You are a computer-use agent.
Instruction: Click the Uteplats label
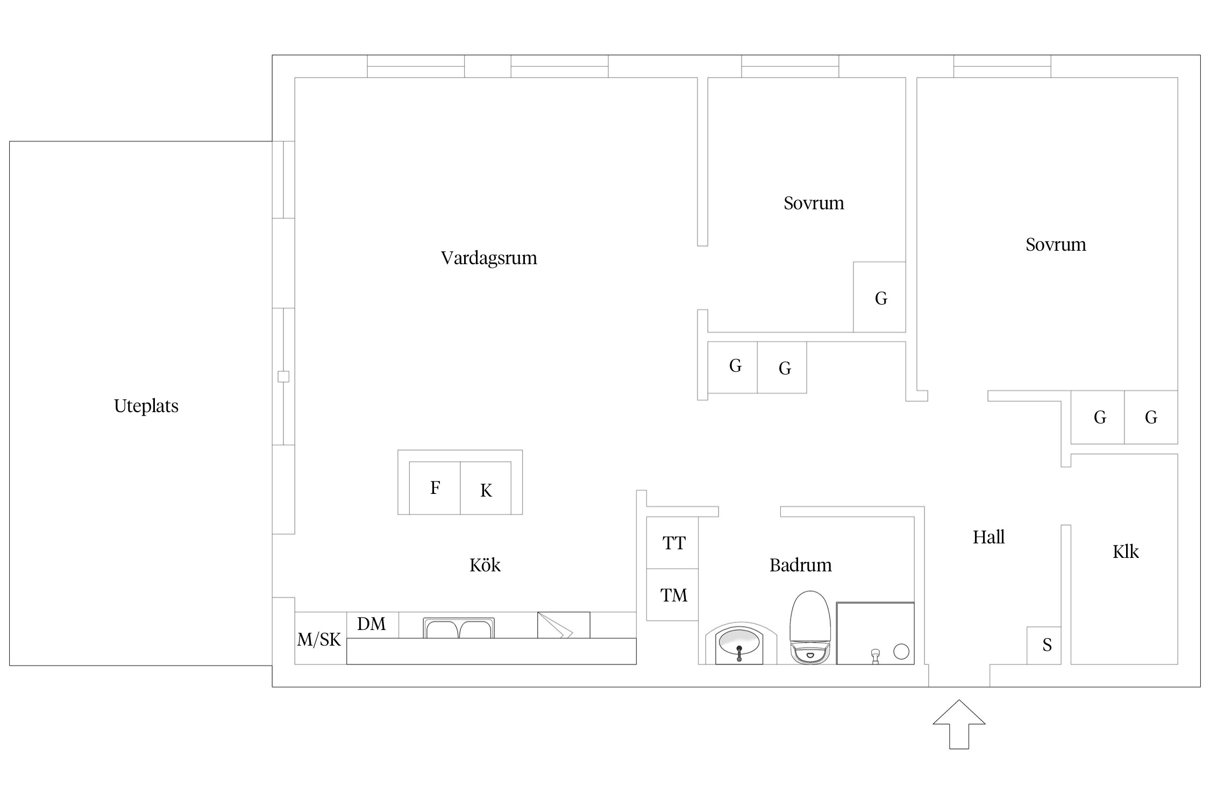(x=146, y=406)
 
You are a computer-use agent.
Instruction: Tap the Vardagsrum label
(x=489, y=258)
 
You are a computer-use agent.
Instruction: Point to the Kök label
(x=485, y=565)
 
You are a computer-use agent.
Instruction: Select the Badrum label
(x=800, y=565)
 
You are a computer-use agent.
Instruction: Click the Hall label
(x=988, y=537)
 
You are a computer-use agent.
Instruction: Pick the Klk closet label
(x=1126, y=551)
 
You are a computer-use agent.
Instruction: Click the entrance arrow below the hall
(x=959, y=724)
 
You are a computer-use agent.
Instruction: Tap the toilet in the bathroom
(x=810, y=628)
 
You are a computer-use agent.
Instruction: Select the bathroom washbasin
(x=740, y=643)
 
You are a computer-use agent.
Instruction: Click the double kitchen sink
(x=459, y=628)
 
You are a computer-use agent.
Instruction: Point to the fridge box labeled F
(x=435, y=488)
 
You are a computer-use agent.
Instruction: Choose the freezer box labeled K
(x=486, y=488)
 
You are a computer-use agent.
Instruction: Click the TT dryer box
(x=672, y=543)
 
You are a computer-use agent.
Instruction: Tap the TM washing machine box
(x=672, y=594)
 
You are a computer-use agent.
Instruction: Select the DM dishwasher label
(x=372, y=624)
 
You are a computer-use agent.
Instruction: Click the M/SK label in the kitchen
(x=319, y=639)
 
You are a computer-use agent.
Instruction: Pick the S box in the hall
(x=1044, y=646)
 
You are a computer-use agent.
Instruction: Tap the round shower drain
(x=901, y=652)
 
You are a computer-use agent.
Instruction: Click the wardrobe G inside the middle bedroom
(x=879, y=297)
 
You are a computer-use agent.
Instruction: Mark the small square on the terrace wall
(x=283, y=377)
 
